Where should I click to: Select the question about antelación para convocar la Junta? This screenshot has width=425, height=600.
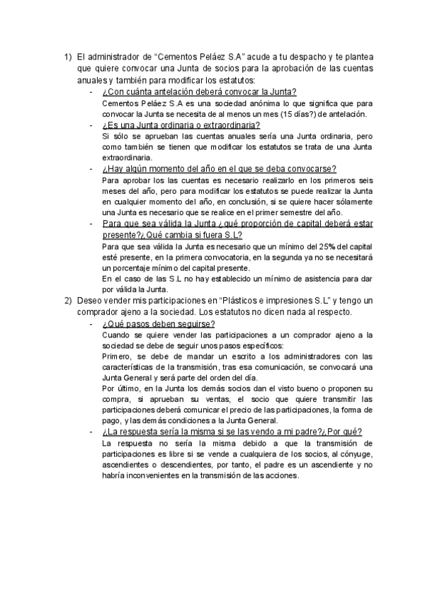[x=199, y=92]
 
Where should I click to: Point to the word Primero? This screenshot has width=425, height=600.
[x=118, y=357]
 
